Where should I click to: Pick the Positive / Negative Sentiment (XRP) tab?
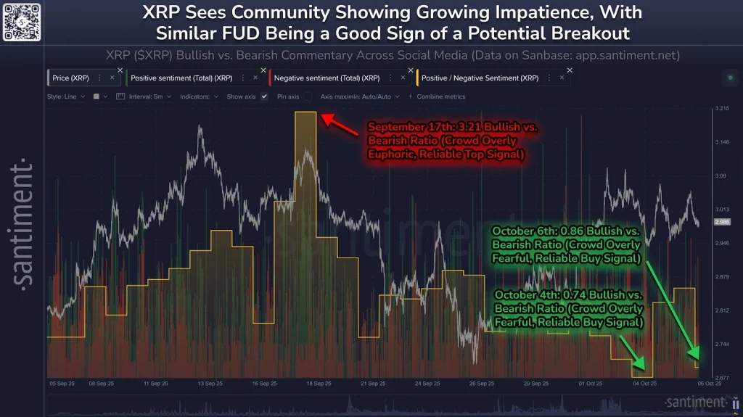point(480,78)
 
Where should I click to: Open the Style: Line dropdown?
point(66,96)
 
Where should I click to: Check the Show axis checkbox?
point(264,96)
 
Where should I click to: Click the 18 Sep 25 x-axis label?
point(319,383)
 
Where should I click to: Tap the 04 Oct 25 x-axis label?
point(644,383)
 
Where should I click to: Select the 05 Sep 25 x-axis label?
point(62,383)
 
